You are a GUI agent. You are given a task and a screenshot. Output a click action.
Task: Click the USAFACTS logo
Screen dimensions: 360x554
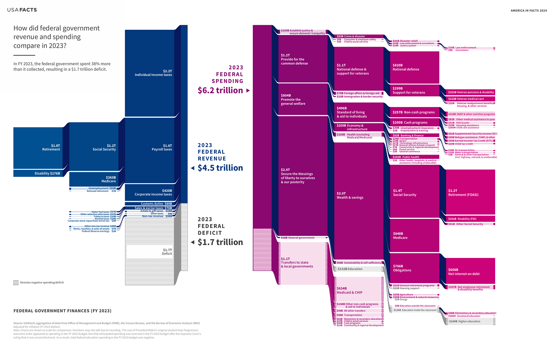(22, 10)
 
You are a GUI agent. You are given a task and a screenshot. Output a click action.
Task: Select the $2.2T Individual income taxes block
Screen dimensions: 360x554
(149, 73)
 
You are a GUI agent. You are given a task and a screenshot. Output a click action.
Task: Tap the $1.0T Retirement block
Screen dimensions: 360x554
(38, 148)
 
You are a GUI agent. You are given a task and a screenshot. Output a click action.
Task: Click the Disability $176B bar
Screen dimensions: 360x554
(38, 173)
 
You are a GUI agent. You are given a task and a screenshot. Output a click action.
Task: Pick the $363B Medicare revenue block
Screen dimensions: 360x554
(93, 179)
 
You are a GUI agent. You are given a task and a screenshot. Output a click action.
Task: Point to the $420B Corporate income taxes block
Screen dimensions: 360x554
(149, 193)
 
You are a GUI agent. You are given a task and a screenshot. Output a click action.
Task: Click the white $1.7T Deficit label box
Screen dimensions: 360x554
(149, 251)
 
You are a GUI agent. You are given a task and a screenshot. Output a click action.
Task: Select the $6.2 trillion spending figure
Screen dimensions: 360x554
(220, 90)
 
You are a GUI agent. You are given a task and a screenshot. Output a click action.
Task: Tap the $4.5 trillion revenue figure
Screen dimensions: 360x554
(220, 168)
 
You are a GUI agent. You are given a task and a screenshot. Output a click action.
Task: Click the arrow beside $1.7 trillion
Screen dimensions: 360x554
(193, 242)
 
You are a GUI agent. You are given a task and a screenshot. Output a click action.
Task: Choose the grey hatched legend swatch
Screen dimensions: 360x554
(16, 283)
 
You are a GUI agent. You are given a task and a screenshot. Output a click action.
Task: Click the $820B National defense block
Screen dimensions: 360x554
(414, 67)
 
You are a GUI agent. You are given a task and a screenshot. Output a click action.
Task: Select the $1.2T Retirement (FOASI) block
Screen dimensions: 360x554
(470, 192)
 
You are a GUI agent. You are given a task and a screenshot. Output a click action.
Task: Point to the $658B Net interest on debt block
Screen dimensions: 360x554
(470, 271)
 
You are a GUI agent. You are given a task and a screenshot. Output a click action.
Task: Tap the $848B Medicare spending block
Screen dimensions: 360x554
(414, 236)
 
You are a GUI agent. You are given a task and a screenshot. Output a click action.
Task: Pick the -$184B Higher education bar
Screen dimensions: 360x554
(470, 321)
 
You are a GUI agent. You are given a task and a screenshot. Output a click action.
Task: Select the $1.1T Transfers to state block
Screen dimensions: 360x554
(303, 263)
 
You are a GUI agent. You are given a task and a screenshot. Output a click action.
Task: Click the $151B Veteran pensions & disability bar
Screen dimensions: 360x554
(470, 92)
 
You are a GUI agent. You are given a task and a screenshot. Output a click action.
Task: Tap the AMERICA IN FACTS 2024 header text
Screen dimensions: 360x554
(529, 11)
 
